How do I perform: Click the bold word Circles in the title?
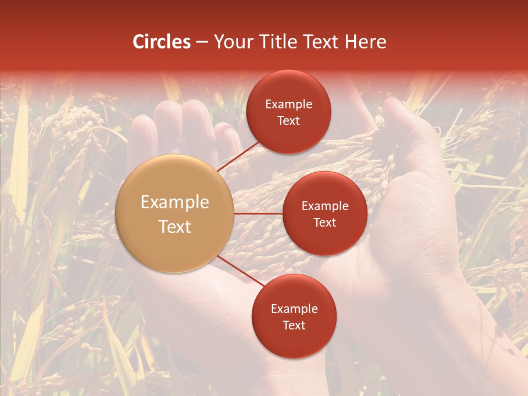coord(162,42)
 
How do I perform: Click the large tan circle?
coord(175,213)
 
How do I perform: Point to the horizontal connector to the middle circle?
coord(258,213)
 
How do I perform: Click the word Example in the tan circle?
coord(175,202)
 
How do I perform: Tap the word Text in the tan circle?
coord(175,227)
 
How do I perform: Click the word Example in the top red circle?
coord(289,105)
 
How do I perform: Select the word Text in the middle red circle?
coord(324,222)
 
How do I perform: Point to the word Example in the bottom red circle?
coord(294,309)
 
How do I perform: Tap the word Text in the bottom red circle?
coord(294,325)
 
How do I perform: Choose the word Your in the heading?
coord(232,42)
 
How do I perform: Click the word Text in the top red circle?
coord(288,120)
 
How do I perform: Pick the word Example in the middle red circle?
coord(325,206)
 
